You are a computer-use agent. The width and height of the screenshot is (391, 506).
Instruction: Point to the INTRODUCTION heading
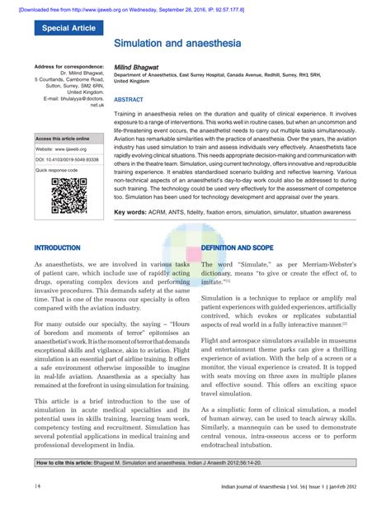[57, 248]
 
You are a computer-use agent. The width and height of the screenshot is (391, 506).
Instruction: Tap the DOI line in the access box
[67, 158]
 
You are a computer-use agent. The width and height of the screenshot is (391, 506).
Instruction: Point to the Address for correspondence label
[68, 65]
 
